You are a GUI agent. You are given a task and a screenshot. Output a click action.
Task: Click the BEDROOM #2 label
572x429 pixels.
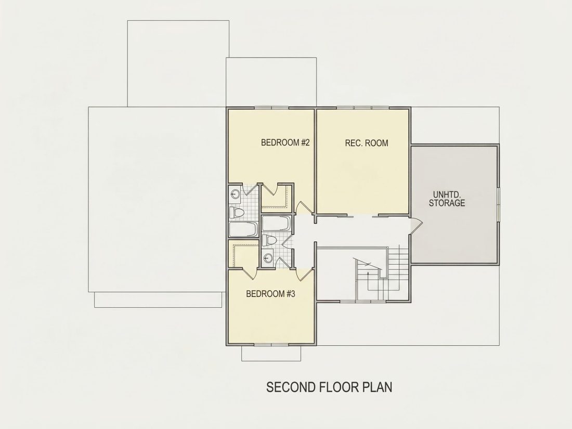coord(285,142)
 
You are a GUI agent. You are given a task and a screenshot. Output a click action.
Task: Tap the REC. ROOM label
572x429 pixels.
coord(367,143)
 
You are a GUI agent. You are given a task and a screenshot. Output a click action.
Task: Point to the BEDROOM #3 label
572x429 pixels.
coord(270,294)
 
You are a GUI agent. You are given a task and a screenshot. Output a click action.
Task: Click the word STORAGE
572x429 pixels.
coord(447,203)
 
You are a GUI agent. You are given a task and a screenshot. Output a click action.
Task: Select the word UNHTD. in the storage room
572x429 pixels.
coord(447,194)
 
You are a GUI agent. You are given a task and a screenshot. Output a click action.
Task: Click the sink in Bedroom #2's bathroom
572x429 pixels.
coord(234,193)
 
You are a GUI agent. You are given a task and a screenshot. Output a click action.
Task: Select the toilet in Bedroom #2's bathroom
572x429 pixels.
coord(236,213)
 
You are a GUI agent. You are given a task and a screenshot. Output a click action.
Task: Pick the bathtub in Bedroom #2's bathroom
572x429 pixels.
coord(243,228)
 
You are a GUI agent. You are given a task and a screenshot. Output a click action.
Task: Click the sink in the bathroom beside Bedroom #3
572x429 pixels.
coord(267,258)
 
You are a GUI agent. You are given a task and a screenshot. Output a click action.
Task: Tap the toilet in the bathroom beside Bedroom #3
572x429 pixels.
coord(269,240)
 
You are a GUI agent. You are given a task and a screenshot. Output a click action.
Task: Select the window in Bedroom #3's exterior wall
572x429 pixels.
coord(271,345)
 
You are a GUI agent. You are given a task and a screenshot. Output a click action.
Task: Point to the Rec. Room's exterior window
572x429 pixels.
coord(362,108)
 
